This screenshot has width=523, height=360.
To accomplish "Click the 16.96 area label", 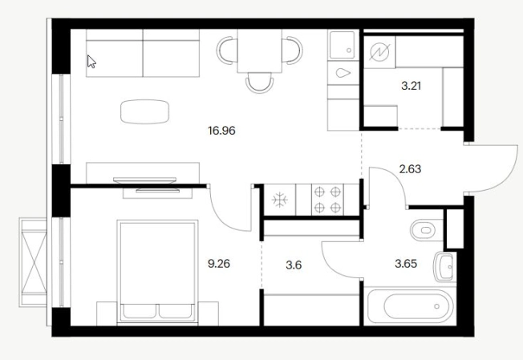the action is click(x=221, y=131).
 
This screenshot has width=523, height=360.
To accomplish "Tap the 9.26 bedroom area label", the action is click(x=219, y=264).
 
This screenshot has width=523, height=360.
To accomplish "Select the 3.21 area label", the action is click(x=411, y=86).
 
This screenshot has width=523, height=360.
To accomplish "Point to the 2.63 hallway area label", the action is click(x=410, y=169).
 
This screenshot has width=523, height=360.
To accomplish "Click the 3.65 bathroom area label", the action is click(x=406, y=264).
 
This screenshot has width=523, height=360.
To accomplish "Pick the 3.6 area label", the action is click(x=294, y=265).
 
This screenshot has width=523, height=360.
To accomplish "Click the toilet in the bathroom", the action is click(x=426, y=230).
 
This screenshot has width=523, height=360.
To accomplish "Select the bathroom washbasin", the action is click(x=444, y=267).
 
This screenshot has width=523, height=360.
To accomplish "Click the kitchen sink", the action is click(x=343, y=46).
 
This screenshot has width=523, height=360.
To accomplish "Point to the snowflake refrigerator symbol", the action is click(x=279, y=200).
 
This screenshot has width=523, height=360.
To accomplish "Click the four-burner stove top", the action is click(x=327, y=200).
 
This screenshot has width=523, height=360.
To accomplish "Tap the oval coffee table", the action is click(x=144, y=111).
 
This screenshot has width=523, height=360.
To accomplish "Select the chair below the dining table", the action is click(x=260, y=83).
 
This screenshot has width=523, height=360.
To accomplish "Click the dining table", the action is click(x=260, y=51).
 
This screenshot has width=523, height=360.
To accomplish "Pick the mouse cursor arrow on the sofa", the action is click(x=91, y=62).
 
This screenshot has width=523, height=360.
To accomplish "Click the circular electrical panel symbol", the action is click(x=379, y=52).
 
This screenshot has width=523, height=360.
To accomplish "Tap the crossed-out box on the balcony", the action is click(x=34, y=262).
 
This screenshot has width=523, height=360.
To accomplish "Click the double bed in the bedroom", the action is click(x=157, y=271).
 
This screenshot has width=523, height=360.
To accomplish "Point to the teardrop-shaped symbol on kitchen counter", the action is click(x=343, y=73).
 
